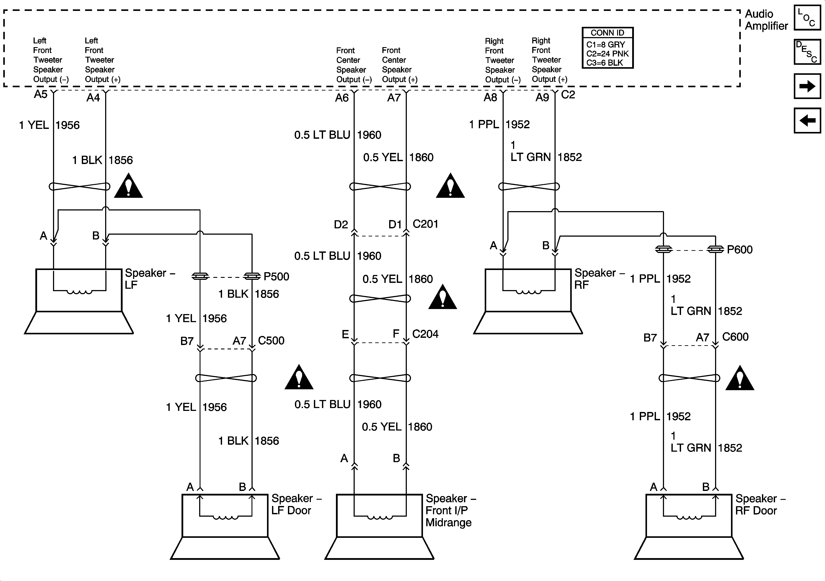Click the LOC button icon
tap(807, 18)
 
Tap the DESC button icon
tap(807, 52)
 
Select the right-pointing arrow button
tap(807, 86)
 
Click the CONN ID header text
tap(607, 33)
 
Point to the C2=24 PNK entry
tap(607, 53)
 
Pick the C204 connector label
tap(425, 334)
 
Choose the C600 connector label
tap(735, 337)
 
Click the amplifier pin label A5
tap(41, 94)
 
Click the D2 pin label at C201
tap(341, 225)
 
